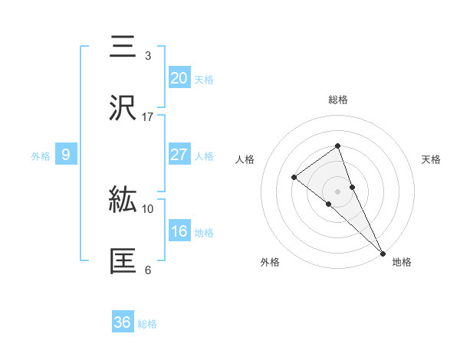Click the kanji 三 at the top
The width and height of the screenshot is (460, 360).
[x=123, y=47]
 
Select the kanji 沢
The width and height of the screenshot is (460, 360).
[x=123, y=107]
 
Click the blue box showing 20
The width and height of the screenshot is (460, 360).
[x=179, y=77]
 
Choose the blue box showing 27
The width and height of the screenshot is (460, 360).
[x=179, y=155]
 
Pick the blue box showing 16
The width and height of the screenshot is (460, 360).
[x=179, y=231]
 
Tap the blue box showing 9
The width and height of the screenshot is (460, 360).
[x=66, y=155]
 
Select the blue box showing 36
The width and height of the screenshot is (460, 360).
[x=123, y=322]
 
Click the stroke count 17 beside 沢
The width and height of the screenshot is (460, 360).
[x=148, y=117]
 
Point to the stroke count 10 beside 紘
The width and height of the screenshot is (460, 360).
[x=148, y=208]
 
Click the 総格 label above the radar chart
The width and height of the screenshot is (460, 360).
[x=337, y=100]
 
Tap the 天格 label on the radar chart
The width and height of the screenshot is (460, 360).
[x=431, y=159]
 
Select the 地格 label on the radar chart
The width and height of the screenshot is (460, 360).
[x=402, y=262]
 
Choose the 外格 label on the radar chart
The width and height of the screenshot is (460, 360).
[x=270, y=262]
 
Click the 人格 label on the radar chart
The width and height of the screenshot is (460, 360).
[x=245, y=159]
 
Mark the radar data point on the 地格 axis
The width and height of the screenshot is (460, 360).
[x=382, y=252]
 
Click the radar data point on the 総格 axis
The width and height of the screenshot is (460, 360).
[x=337, y=146]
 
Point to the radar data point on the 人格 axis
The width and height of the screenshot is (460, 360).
[x=294, y=178]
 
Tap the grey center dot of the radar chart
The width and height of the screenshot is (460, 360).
[x=337, y=191]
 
